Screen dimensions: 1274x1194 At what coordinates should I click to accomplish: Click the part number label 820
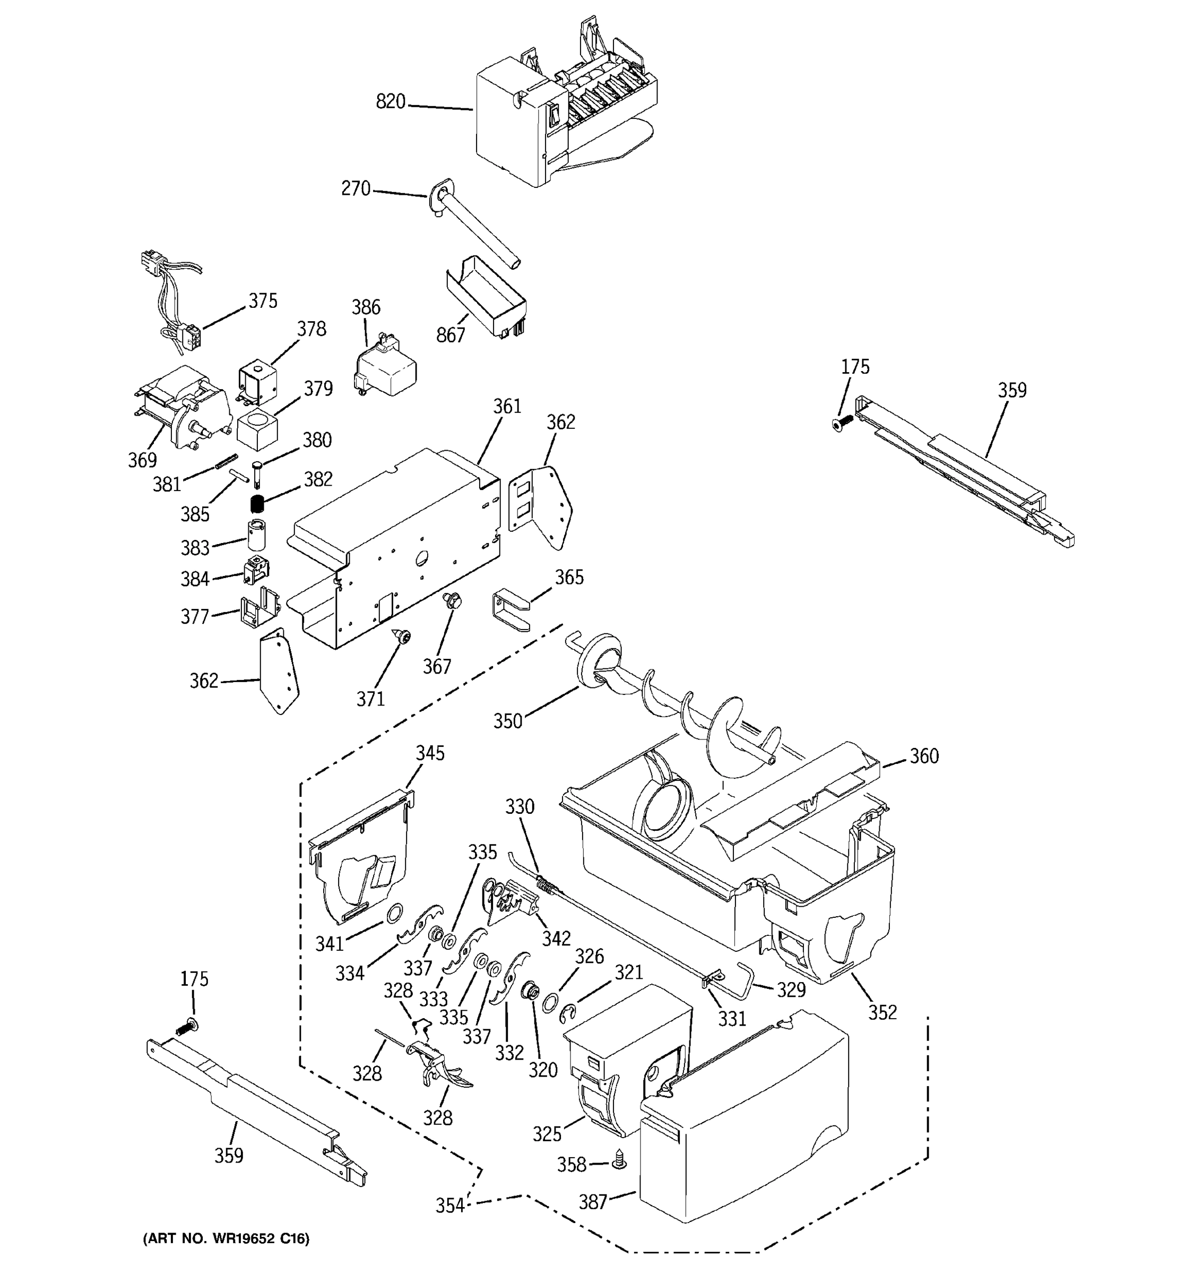tap(390, 101)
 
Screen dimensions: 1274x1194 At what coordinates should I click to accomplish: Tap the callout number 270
tap(356, 188)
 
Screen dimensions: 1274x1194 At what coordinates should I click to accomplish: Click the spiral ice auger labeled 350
tap(679, 699)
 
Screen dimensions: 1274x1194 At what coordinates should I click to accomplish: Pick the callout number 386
tap(366, 307)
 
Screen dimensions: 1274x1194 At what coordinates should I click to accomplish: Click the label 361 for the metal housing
tap(507, 406)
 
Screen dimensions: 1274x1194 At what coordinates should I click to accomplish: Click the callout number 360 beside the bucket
tap(924, 756)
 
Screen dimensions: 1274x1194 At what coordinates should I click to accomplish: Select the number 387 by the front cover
tap(593, 1202)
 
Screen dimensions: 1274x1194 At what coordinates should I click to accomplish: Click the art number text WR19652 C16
tap(226, 1239)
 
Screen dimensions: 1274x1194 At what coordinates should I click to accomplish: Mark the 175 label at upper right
tap(855, 367)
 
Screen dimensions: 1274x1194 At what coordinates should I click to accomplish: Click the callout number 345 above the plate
tap(430, 753)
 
